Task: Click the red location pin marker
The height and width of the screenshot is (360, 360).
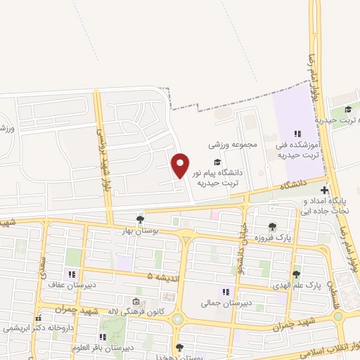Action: (x=181, y=165)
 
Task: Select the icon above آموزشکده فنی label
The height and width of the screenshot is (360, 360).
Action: (x=297, y=133)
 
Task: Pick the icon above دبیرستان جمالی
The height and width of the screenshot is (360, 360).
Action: (x=225, y=292)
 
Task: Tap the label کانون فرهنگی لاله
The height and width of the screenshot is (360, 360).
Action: (x=150, y=311)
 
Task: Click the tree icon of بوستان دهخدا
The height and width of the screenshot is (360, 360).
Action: (x=180, y=347)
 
